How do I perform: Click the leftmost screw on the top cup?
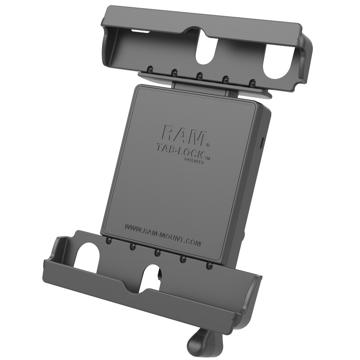(148, 70)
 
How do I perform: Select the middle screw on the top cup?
(200, 76)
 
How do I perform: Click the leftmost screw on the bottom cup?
(108, 242)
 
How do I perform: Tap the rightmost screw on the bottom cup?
(208, 266)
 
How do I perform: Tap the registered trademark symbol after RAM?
(207, 145)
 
